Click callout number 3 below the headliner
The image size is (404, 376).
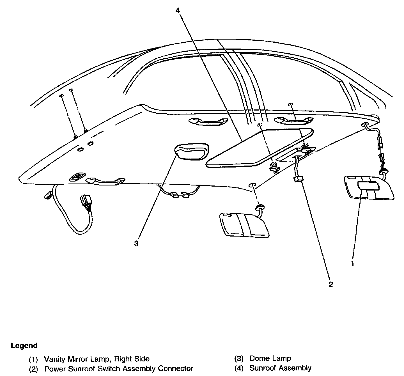click(x=136, y=244)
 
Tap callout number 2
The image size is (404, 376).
click(x=331, y=285)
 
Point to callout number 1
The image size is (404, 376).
click(x=352, y=263)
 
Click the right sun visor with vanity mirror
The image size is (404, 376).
click(x=369, y=188)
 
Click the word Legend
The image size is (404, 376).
click(x=24, y=345)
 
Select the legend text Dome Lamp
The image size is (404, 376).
click(x=270, y=358)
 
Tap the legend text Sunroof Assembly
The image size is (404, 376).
click(x=280, y=368)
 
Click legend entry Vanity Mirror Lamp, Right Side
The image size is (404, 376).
click(x=97, y=359)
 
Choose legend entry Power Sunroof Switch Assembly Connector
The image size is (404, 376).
click(x=119, y=368)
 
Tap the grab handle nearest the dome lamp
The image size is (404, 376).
click(x=208, y=121)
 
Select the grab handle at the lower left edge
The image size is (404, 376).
click(x=105, y=181)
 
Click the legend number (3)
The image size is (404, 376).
click(x=238, y=359)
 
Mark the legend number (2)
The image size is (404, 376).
click(x=33, y=368)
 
